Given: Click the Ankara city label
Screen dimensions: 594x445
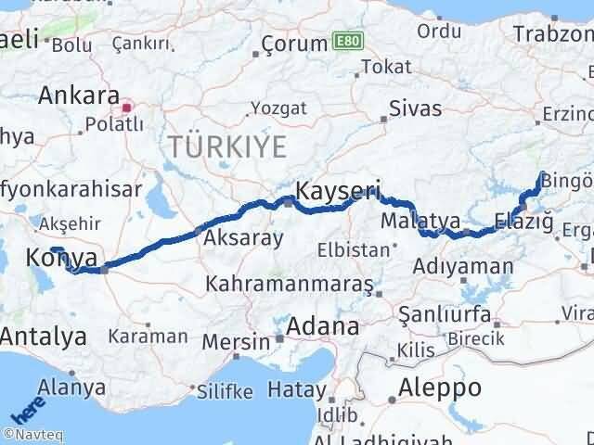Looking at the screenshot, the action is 79,95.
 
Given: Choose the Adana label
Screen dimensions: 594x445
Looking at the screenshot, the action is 323,326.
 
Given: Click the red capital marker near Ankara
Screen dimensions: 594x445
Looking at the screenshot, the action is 127,108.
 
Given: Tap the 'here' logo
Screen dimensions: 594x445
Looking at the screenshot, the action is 25,408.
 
